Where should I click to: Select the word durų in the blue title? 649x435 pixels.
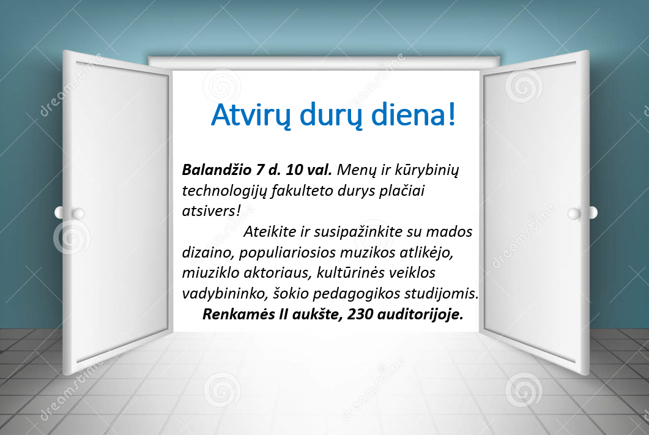[332, 115]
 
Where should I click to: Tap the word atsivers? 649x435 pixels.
[211, 211]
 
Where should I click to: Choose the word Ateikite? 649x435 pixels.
[270, 232]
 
